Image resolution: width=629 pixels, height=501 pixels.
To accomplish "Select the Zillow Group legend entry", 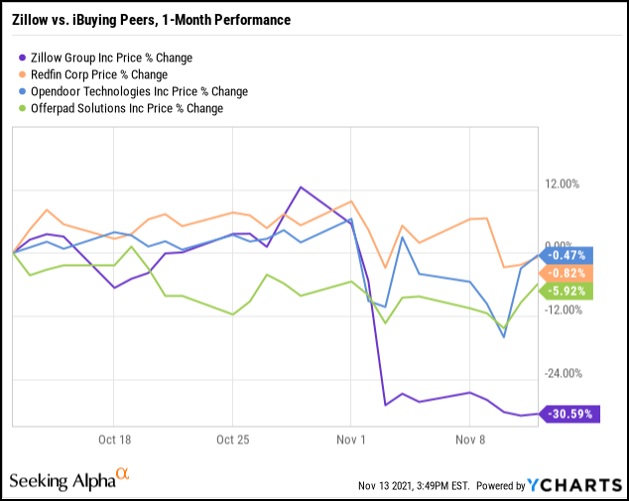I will coord(110,58).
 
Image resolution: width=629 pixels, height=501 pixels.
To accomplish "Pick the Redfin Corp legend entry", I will coord(99,74).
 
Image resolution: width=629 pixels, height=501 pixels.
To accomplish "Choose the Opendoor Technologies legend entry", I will coord(126,91).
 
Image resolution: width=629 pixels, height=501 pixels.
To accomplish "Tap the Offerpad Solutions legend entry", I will coord(118,108).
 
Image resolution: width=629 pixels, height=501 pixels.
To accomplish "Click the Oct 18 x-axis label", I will coord(115,438).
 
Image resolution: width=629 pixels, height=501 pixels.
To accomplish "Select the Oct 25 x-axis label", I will coord(232,438).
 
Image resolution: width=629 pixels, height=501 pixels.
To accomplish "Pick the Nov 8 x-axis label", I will coord(468,438).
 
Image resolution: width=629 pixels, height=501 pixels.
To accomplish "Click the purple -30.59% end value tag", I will coord(572,413).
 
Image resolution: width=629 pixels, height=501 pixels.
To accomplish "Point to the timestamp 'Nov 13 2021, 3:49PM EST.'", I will coord(413,486).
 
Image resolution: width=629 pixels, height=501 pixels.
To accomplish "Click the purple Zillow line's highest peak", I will coord(299,187).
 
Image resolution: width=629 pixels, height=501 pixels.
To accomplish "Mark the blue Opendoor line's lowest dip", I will coord(504,337).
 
